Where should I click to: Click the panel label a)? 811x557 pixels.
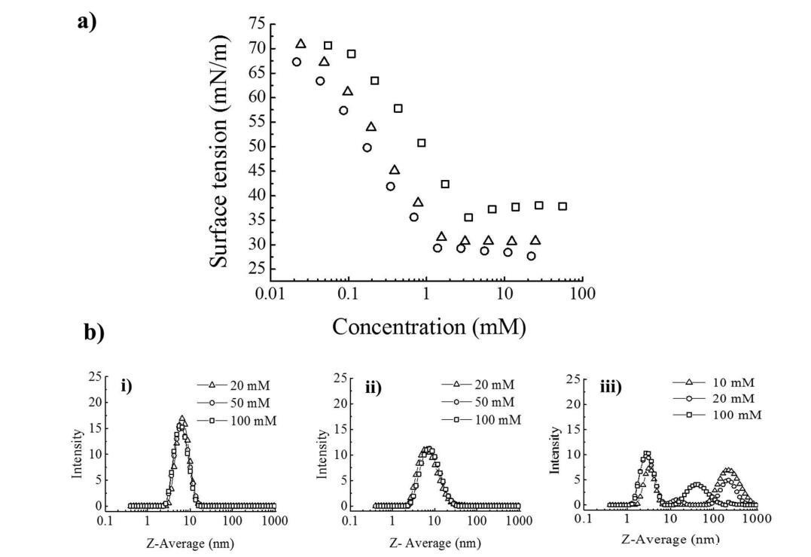point(87,21)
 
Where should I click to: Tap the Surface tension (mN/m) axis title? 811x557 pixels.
point(219,153)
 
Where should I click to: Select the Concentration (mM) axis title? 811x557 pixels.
point(428,327)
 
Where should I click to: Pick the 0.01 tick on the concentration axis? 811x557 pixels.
point(270,294)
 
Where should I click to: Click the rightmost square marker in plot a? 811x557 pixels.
point(563,206)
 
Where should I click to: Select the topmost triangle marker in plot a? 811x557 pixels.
point(300,44)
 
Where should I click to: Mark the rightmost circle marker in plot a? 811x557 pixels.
point(532,256)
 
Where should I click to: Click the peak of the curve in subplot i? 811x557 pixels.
point(181,419)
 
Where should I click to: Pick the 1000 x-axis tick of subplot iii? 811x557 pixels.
point(757,519)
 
